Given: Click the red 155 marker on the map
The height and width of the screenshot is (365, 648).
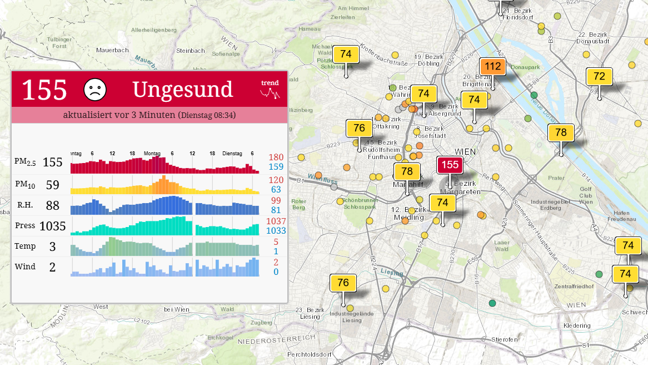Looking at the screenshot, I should click(450, 165).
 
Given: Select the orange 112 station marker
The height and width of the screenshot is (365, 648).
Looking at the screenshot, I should click(492, 67).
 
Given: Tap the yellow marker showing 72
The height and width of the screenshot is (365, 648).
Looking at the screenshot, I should click(599, 76).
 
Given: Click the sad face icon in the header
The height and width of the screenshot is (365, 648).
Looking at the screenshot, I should click(95, 90).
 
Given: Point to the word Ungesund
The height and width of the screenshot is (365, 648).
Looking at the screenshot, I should click(183, 90).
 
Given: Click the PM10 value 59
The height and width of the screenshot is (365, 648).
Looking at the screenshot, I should click(52, 185).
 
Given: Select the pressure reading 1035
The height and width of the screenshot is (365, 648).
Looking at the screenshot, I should click(52, 226).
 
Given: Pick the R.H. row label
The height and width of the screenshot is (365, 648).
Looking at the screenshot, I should click(24, 205).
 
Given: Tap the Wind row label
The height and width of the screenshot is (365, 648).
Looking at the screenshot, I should click(25, 267).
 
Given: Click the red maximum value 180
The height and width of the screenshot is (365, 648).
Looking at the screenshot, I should click(276, 157).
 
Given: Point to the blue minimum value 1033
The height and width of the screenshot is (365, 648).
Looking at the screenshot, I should click(276, 231).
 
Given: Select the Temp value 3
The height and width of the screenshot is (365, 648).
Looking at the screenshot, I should click(52, 246).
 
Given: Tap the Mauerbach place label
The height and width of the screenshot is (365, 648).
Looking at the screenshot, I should click(112, 50).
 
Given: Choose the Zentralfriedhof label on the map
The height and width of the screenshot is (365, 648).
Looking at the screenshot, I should click(574, 287).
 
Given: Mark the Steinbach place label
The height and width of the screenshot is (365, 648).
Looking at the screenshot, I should click(190, 51).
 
